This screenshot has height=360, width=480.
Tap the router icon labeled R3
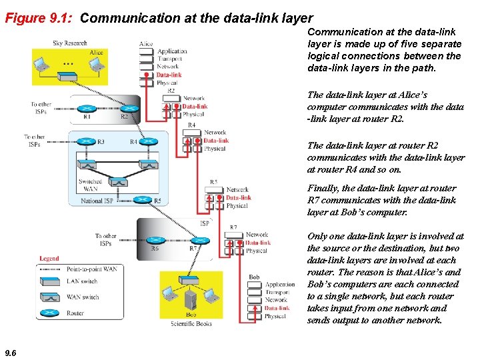tap(87, 141)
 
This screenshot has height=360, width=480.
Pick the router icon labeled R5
tap(141, 199)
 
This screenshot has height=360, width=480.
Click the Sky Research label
tap(69, 43)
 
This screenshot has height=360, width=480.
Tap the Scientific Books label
tap(191, 323)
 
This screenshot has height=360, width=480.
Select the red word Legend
tap(49, 258)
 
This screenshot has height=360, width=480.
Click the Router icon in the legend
tap(51, 313)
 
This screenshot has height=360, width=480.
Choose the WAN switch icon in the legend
tap(51, 297)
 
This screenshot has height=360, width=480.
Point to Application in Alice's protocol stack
tap(172, 51)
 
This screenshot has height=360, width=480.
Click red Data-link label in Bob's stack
tap(276, 308)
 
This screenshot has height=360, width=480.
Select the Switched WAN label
tap(90, 185)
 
